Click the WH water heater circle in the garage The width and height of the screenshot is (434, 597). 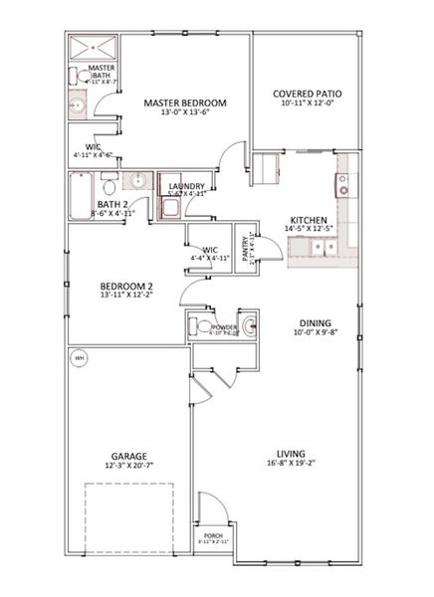[80, 357]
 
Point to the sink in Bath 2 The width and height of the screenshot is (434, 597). [137, 183]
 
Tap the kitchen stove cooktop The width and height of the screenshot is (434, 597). [343, 184]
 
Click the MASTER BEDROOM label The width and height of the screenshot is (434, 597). [184, 102]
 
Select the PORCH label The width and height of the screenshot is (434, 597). [214, 534]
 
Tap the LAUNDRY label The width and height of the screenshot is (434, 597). [187, 186]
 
